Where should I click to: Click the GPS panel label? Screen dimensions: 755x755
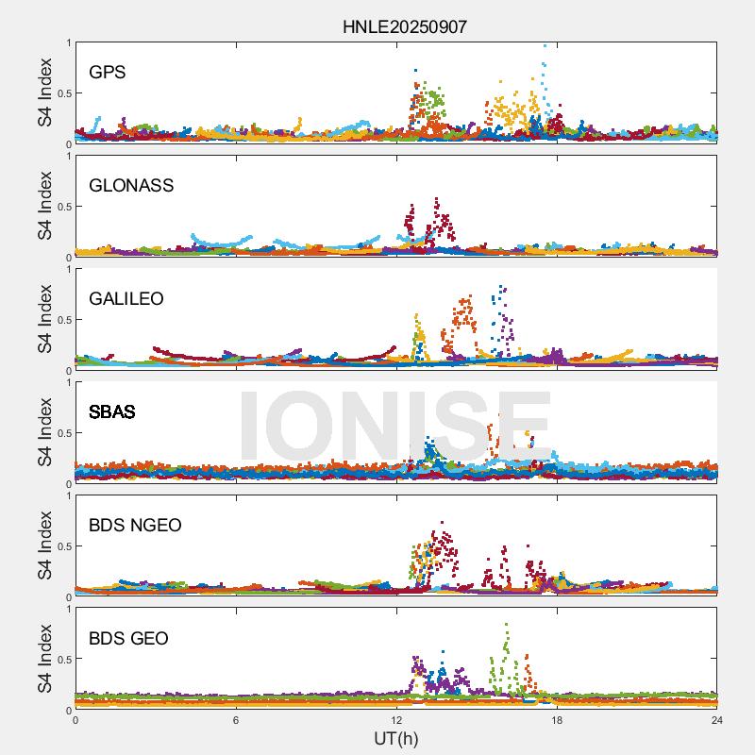108,72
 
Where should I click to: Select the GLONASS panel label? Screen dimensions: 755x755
131,185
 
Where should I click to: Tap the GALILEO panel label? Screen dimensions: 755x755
126,298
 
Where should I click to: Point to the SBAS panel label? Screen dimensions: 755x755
112,411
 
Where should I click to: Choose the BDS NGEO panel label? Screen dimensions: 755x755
135,525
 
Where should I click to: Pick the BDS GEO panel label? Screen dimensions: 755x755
128,638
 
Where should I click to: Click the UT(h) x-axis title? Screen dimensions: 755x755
395,738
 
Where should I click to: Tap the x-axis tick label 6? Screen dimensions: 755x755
236,720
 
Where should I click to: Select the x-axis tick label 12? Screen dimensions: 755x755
396,720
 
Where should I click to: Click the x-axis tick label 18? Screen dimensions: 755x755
557,720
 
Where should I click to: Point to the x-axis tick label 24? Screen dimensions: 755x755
717,720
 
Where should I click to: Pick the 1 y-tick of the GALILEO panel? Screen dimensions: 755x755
67,269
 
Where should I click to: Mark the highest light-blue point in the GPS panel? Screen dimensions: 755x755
545,45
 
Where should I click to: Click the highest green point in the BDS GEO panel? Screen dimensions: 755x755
507,624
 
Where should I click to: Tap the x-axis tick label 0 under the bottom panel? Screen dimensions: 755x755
75,720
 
